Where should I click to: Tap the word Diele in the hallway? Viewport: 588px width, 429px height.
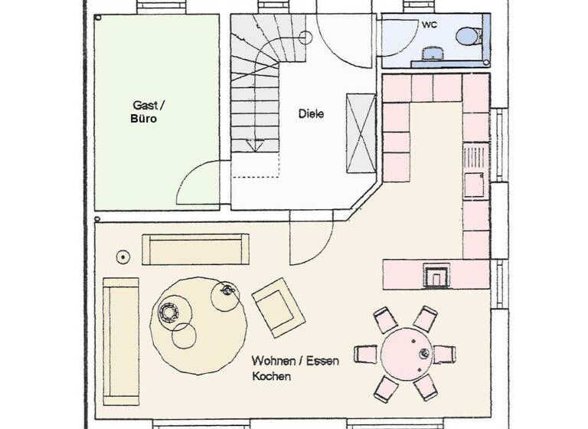click(312, 114)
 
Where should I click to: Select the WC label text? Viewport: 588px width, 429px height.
click(429, 25)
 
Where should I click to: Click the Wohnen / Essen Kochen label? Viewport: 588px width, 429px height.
click(287, 368)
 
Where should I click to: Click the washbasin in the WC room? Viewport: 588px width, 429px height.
click(434, 54)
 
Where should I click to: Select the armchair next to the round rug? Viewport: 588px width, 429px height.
click(279, 307)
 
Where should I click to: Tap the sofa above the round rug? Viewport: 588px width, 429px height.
click(195, 250)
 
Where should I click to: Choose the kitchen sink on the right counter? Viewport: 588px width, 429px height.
click(474, 184)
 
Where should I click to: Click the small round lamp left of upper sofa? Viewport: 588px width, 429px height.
click(122, 256)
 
